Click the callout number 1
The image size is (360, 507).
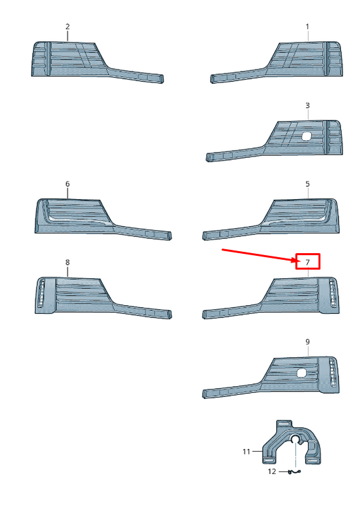307,26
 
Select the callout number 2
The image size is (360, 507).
68,26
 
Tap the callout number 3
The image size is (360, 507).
307,105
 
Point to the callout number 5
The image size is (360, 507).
307,184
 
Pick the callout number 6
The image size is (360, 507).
68,184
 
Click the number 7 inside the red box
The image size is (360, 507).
307,262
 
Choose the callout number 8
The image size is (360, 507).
68,262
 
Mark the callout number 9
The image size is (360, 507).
307,342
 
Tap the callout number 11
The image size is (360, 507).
247,452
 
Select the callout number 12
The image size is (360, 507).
272,471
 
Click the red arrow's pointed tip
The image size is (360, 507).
296,261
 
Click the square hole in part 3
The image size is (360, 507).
306,136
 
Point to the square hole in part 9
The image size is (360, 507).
301,373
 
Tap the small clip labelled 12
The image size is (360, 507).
294,472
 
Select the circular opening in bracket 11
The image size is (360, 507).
295,439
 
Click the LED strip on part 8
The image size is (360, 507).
41,293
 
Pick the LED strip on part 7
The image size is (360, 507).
332,293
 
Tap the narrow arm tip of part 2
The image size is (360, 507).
161,79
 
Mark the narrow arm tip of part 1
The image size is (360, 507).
213,79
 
